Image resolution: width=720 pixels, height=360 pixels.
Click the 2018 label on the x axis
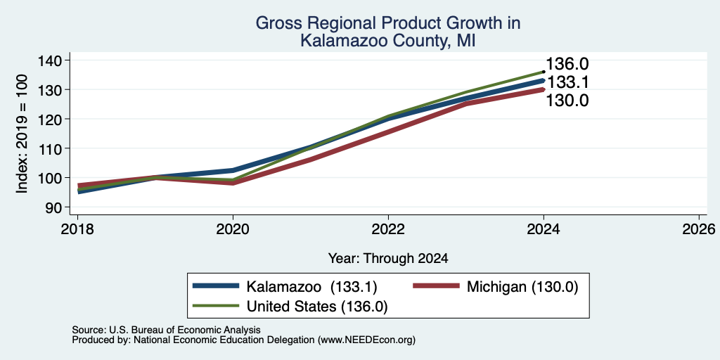pos(77,229)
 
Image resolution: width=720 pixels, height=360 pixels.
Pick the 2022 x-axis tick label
pos(388,229)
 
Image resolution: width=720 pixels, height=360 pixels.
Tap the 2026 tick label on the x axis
pos(700,229)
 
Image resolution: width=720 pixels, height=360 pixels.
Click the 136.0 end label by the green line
pos(567,65)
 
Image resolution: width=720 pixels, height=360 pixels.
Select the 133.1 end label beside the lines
pos(567,83)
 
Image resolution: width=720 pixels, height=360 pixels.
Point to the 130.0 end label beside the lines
pos(567,101)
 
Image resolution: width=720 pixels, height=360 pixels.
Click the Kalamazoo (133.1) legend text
pos(311,287)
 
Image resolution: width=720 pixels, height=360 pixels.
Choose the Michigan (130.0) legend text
pos(522,287)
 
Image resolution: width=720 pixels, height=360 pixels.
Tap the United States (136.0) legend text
pos(317,307)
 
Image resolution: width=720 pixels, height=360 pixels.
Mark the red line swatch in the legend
pos(436,286)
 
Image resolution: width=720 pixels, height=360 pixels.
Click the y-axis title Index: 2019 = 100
pos(22,134)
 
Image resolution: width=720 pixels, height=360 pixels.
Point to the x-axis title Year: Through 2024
pos(388,259)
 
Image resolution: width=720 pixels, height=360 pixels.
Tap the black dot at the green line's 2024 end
pos(544,72)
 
